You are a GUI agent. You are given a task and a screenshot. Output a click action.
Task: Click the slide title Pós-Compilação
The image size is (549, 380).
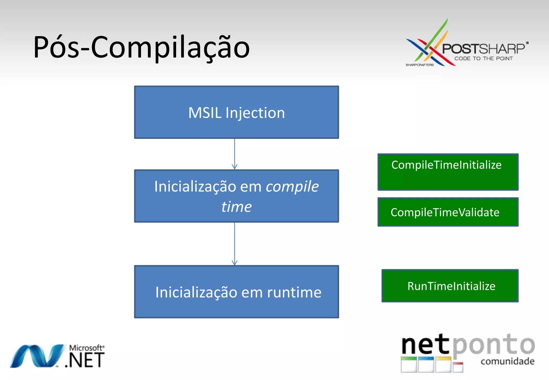141,48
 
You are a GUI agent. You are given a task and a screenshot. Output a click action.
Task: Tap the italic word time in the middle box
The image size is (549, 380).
236,207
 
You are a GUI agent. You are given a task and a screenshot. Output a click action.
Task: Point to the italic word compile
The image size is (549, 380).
292,187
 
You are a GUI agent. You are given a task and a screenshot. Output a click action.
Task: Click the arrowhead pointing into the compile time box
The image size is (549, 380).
235,167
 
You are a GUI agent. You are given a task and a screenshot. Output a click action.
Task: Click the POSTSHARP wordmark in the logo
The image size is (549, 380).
483,49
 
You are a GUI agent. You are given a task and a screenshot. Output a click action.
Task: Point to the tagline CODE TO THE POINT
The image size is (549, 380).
483,58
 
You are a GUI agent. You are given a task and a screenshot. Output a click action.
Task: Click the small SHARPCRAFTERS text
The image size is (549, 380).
420,65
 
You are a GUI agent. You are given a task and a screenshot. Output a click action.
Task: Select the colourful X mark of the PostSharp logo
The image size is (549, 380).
429,46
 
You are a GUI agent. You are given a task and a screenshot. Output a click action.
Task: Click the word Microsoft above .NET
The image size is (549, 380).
86,348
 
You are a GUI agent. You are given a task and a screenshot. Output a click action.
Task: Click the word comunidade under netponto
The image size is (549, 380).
507,361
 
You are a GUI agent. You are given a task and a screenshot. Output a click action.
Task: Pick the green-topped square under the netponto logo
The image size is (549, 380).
409,364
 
